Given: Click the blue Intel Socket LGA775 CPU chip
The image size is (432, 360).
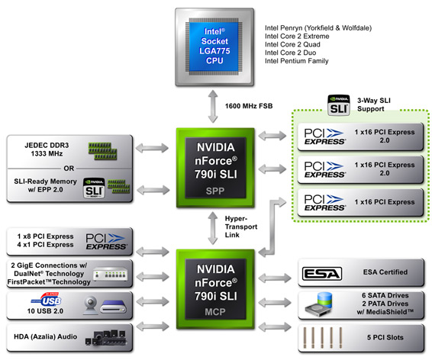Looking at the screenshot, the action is (x=214, y=47).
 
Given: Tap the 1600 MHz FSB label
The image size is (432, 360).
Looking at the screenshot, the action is (x=249, y=106).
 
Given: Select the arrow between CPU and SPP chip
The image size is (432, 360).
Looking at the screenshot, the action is (x=213, y=106).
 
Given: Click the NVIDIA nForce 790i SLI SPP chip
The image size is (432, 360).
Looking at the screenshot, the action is (x=215, y=168).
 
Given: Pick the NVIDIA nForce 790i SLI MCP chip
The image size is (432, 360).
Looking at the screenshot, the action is (x=215, y=289).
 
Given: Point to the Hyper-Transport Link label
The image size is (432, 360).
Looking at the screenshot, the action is (x=241, y=227).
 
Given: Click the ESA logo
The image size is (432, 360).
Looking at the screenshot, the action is (x=322, y=274).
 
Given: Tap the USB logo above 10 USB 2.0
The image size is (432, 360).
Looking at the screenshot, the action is (x=47, y=300).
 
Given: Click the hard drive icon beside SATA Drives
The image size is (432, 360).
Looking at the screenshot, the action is (x=319, y=304).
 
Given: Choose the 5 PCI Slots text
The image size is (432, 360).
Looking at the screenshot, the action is (x=385, y=337).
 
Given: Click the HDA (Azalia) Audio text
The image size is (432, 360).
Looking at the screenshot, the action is (x=46, y=336).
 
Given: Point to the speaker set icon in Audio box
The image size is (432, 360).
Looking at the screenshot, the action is (x=106, y=338).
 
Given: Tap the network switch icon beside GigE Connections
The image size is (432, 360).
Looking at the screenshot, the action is (x=111, y=275).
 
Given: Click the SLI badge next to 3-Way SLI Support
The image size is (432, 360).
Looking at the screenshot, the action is (x=339, y=105).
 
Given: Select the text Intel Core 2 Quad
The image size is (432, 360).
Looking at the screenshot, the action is (x=292, y=44).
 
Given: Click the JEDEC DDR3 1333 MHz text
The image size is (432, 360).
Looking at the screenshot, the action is (x=47, y=149).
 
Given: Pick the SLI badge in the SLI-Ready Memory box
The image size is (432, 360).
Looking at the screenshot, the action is (x=94, y=188).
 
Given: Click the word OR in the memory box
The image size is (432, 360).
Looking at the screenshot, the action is (x=69, y=168).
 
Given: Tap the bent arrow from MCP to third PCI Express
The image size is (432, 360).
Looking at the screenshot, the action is (x=272, y=227).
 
